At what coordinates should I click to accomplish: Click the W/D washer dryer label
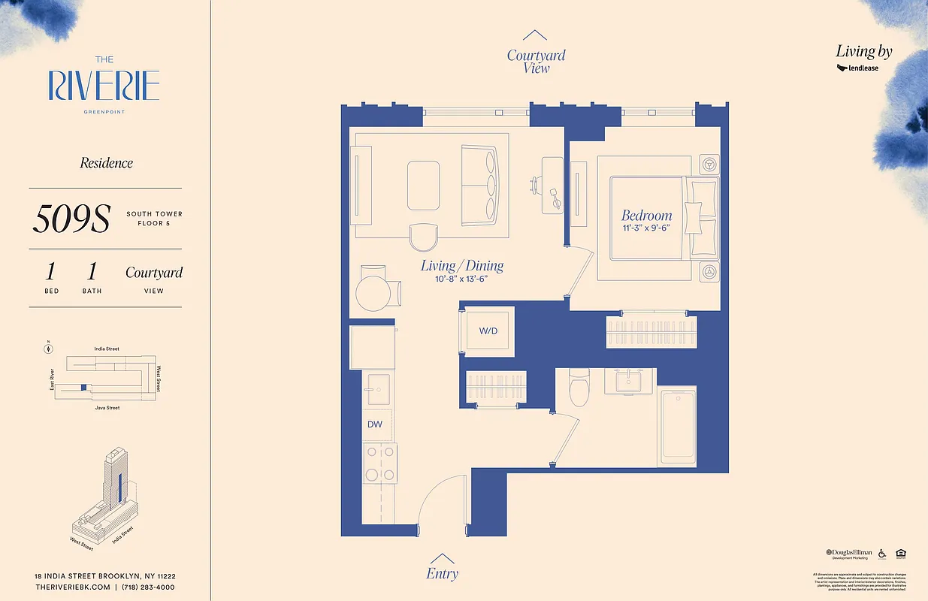(x=488, y=331)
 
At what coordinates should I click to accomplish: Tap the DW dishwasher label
(x=375, y=424)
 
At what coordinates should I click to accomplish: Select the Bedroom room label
(x=646, y=216)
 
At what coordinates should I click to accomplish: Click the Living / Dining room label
(x=461, y=265)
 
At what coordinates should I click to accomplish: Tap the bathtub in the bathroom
(x=677, y=425)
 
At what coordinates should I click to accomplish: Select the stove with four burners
(x=380, y=464)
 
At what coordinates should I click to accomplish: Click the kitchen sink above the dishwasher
(x=378, y=389)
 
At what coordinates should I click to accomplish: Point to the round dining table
(x=373, y=293)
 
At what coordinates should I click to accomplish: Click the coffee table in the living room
(x=424, y=185)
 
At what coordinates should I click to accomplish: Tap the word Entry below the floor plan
(x=442, y=574)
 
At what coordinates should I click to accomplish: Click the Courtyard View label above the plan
(x=536, y=61)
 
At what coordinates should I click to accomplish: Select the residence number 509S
(x=71, y=219)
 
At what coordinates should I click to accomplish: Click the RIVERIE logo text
(x=104, y=86)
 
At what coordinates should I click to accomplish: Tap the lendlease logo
(x=858, y=68)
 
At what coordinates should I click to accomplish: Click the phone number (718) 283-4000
(x=147, y=587)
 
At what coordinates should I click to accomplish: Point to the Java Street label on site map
(x=107, y=408)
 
